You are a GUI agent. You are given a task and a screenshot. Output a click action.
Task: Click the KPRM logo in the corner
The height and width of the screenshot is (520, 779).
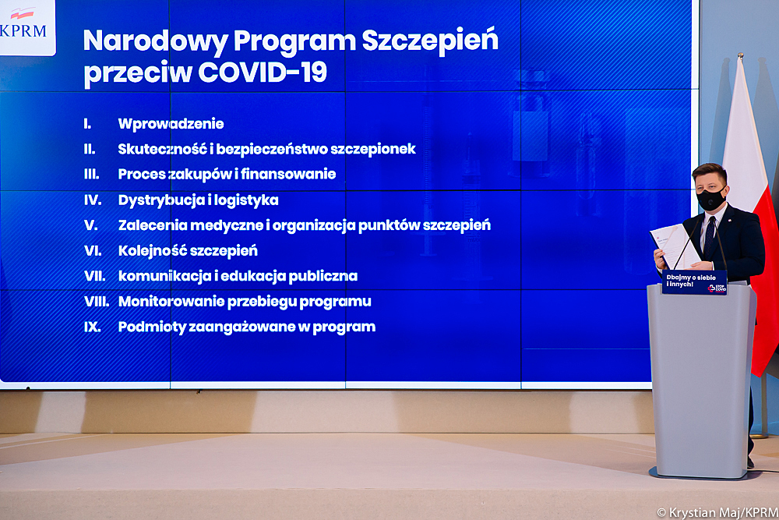(26, 27)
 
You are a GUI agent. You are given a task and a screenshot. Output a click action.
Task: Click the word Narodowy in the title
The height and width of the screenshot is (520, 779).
(155, 41)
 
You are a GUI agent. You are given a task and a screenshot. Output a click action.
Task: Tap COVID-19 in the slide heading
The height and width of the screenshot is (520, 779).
(263, 72)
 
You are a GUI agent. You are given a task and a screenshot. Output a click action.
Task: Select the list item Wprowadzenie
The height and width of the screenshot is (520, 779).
(171, 124)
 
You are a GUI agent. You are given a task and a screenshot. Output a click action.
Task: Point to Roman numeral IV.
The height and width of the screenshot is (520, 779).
(93, 200)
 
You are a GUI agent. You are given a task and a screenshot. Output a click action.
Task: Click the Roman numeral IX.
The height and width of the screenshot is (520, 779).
(93, 327)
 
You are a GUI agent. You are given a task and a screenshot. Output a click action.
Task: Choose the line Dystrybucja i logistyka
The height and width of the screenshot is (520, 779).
(198, 200)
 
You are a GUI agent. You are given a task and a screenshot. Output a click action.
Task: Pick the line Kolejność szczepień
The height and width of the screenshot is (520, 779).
(188, 251)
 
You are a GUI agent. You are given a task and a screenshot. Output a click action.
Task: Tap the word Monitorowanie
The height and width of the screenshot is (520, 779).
(171, 301)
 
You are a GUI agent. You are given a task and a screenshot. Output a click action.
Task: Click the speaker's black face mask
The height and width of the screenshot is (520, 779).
(711, 199)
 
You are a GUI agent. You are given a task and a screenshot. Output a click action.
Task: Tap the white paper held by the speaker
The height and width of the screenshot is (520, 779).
(675, 246)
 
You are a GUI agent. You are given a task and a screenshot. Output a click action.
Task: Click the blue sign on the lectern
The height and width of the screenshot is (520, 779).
(694, 282)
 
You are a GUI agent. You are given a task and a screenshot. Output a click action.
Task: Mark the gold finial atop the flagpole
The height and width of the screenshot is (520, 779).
(740, 56)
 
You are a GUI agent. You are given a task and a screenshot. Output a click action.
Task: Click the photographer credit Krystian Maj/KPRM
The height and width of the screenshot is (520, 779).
(717, 512)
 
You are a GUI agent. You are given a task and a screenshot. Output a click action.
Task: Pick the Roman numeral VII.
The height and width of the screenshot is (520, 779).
(94, 276)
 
